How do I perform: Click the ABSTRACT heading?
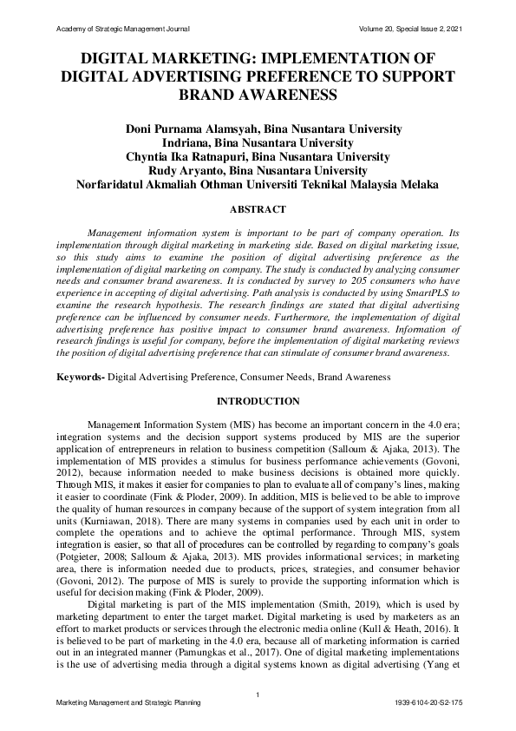(258, 209)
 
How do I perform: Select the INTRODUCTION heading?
(258, 401)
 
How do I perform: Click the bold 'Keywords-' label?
(80, 378)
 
